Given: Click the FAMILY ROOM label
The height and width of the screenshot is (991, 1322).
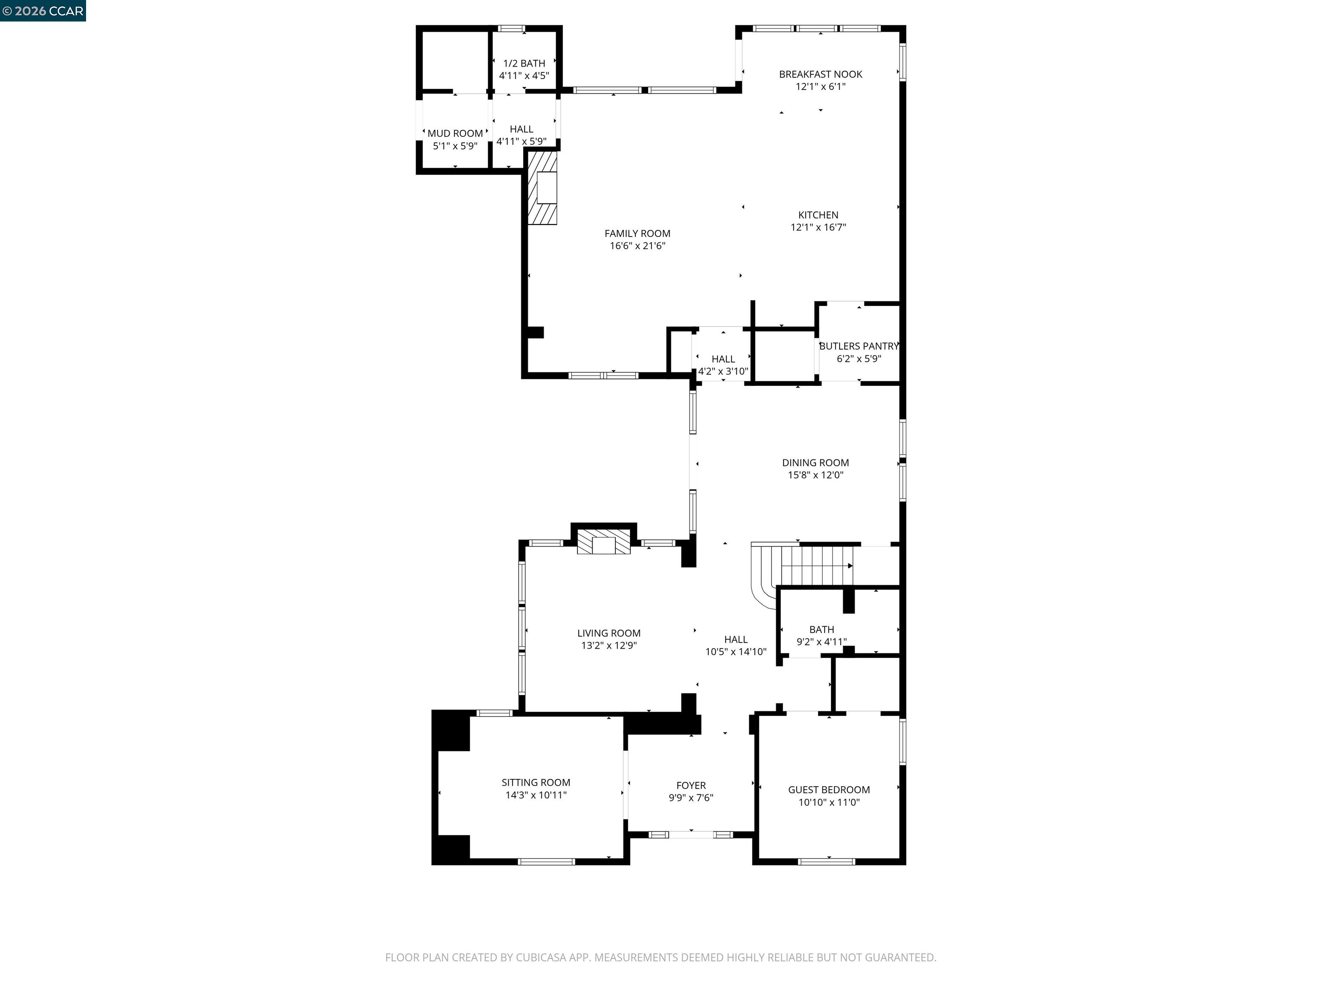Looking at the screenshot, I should (x=637, y=234).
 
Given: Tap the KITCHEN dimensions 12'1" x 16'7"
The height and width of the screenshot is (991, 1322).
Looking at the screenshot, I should (x=818, y=227).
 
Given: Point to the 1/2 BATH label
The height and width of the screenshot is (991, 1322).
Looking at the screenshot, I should (x=524, y=63).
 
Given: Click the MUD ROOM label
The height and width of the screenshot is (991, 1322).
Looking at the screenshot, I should (x=455, y=134).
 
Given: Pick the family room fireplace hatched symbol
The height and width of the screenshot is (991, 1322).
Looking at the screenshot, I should (x=543, y=188).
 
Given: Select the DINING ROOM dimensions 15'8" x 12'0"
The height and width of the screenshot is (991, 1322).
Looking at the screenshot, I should (x=815, y=475).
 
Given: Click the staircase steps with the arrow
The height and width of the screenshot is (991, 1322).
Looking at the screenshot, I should (x=816, y=566).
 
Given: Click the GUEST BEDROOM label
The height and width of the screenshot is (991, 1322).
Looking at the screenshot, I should (x=828, y=790).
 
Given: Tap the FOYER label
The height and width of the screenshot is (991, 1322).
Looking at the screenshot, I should (x=691, y=785).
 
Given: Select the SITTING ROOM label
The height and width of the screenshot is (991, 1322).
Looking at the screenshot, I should (x=535, y=782).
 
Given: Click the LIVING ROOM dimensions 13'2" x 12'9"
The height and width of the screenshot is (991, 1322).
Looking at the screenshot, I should (x=608, y=645).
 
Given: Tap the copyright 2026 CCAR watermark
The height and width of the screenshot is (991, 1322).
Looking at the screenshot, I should (x=43, y=11).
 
